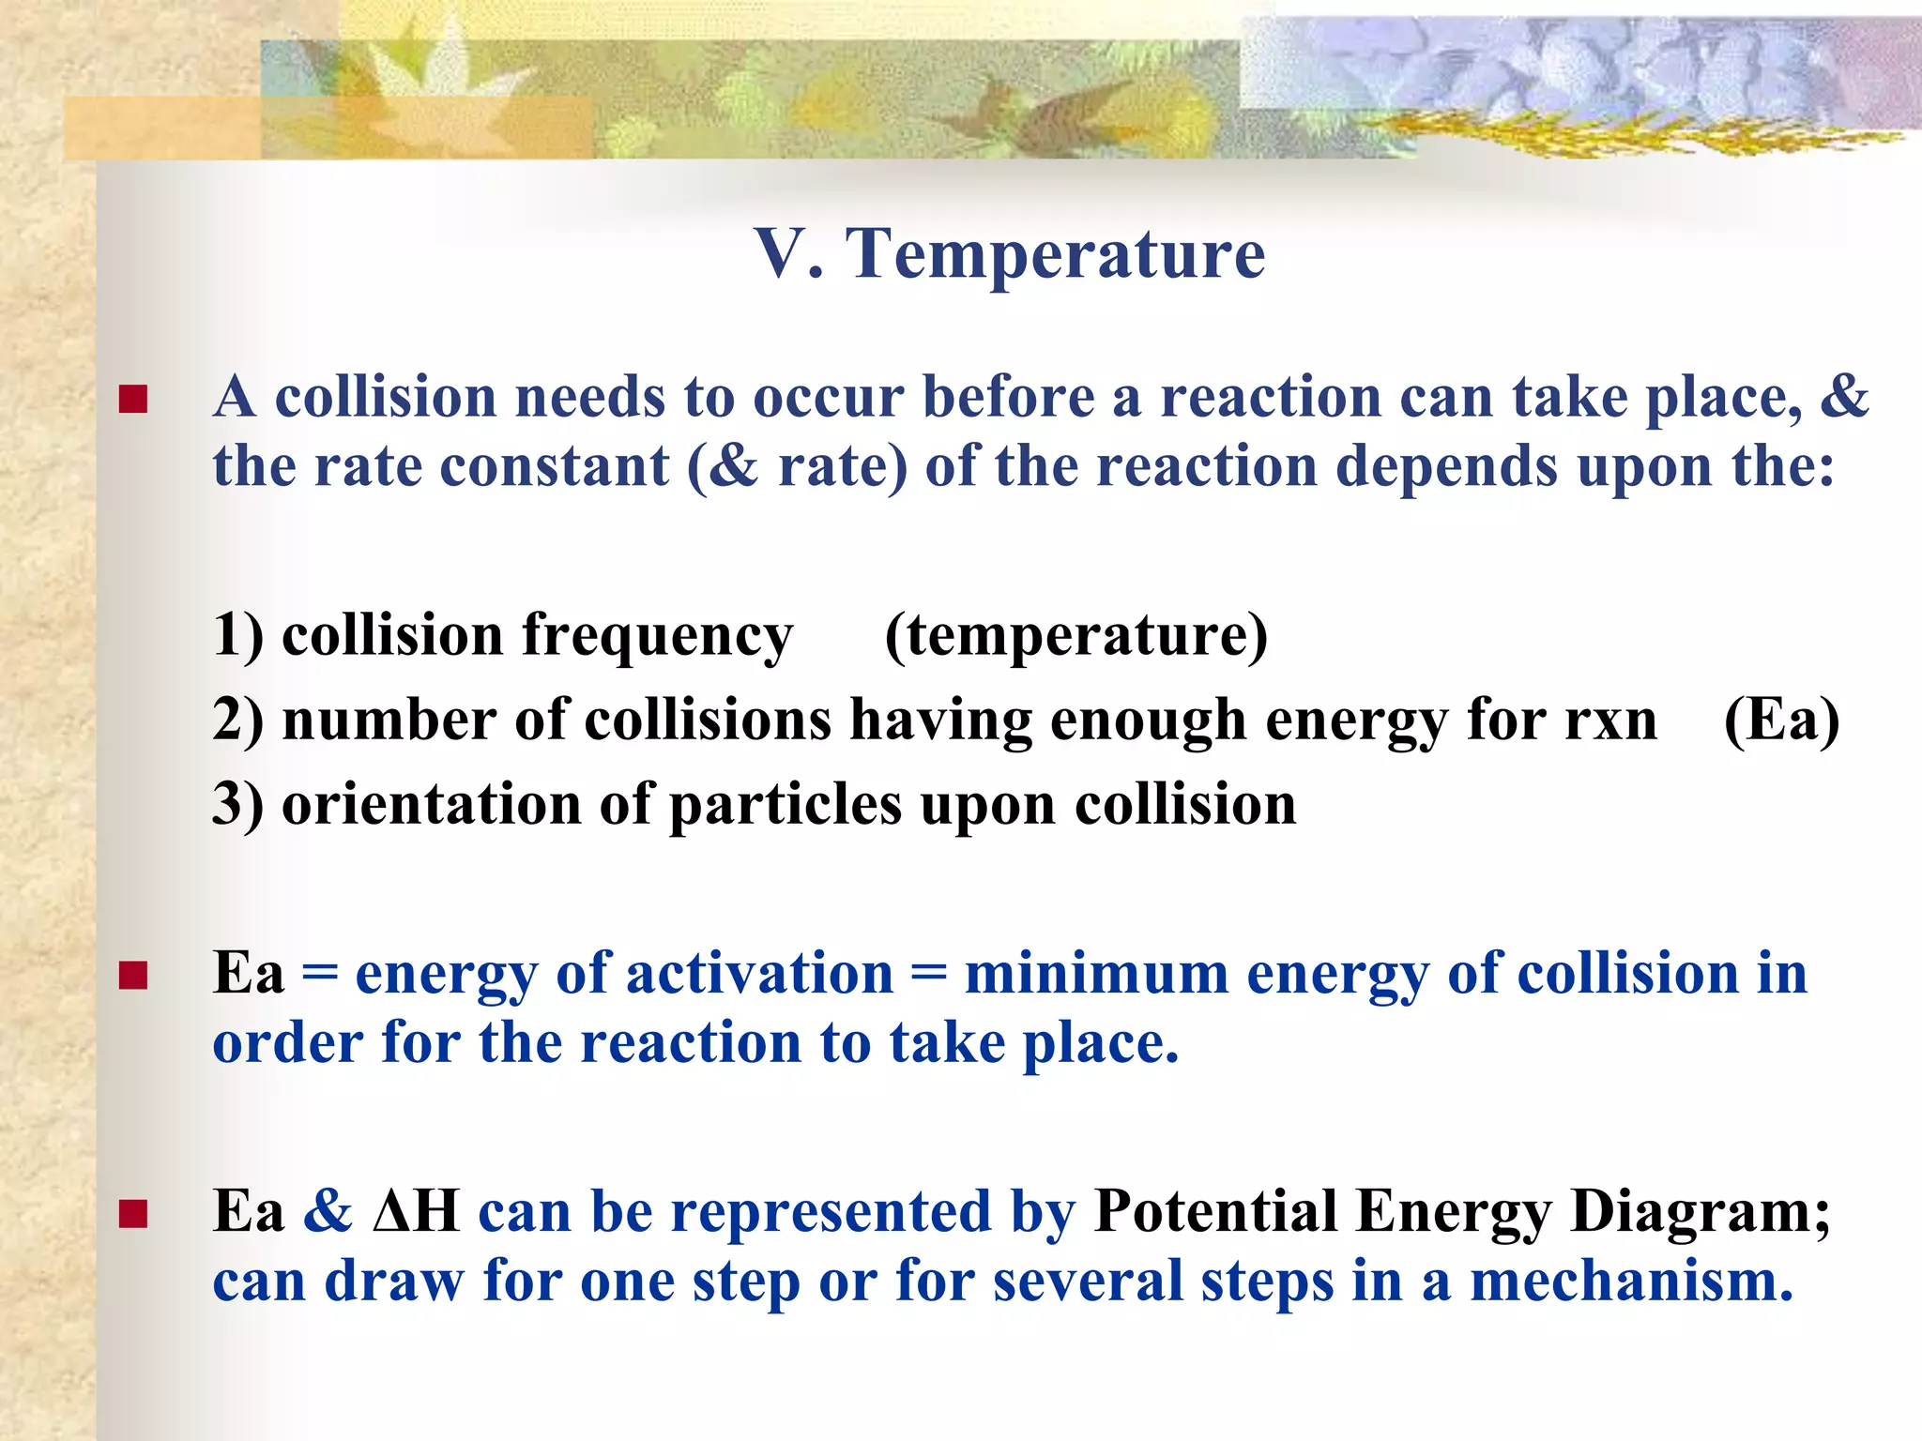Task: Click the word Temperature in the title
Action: pos(1056,254)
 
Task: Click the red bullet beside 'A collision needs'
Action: pos(133,401)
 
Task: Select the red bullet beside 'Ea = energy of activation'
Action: pos(133,977)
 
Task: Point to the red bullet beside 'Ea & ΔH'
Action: pos(133,1215)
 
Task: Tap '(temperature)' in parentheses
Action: pos(1075,636)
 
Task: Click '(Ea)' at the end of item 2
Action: pos(1780,720)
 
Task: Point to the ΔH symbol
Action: pos(416,1211)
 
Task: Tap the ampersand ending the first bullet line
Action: pos(1844,397)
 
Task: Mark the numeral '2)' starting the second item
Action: pos(237,720)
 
